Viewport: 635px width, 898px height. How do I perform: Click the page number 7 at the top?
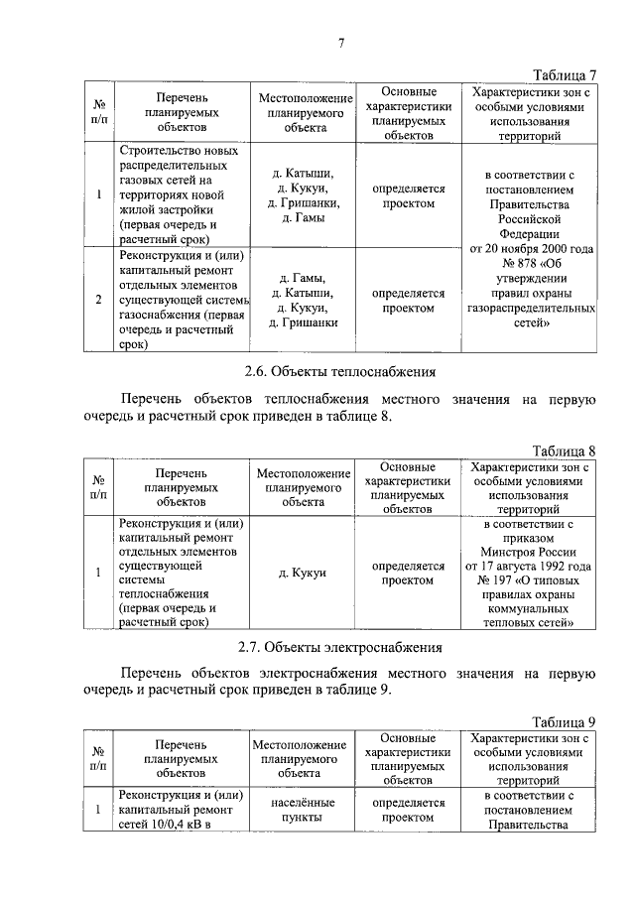[x=339, y=41]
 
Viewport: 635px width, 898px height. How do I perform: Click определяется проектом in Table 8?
[x=408, y=573]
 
